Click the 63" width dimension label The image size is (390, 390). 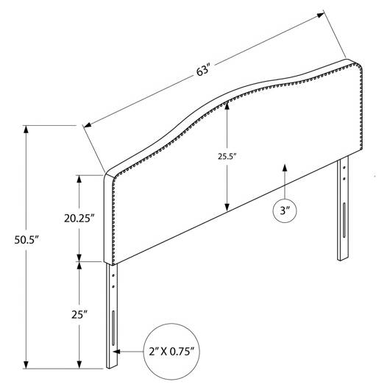(203, 71)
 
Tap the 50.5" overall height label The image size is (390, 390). (27, 240)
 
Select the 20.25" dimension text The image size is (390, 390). (79, 219)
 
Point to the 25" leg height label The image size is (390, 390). (79, 315)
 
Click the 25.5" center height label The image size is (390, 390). (227, 157)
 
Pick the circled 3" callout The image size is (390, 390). (285, 210)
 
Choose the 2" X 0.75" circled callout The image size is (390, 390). (171, 352)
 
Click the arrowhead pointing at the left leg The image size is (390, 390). (117, 352)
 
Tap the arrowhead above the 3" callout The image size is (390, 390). (285, 168)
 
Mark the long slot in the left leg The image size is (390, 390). (113, 327)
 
